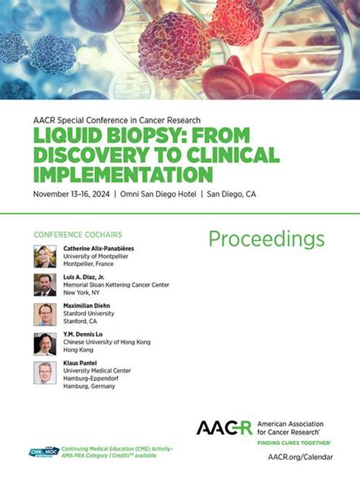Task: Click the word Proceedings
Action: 267,239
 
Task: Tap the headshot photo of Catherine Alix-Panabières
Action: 45,256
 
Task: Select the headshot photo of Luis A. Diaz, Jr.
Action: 45,285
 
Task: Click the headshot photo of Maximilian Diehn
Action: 45,314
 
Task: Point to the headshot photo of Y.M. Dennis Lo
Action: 45,344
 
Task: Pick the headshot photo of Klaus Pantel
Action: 45,373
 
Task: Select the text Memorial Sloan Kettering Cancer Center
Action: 115,285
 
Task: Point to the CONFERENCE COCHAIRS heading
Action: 78,235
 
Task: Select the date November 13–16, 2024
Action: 71,194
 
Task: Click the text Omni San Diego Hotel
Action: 157,194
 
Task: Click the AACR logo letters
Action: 224,427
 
